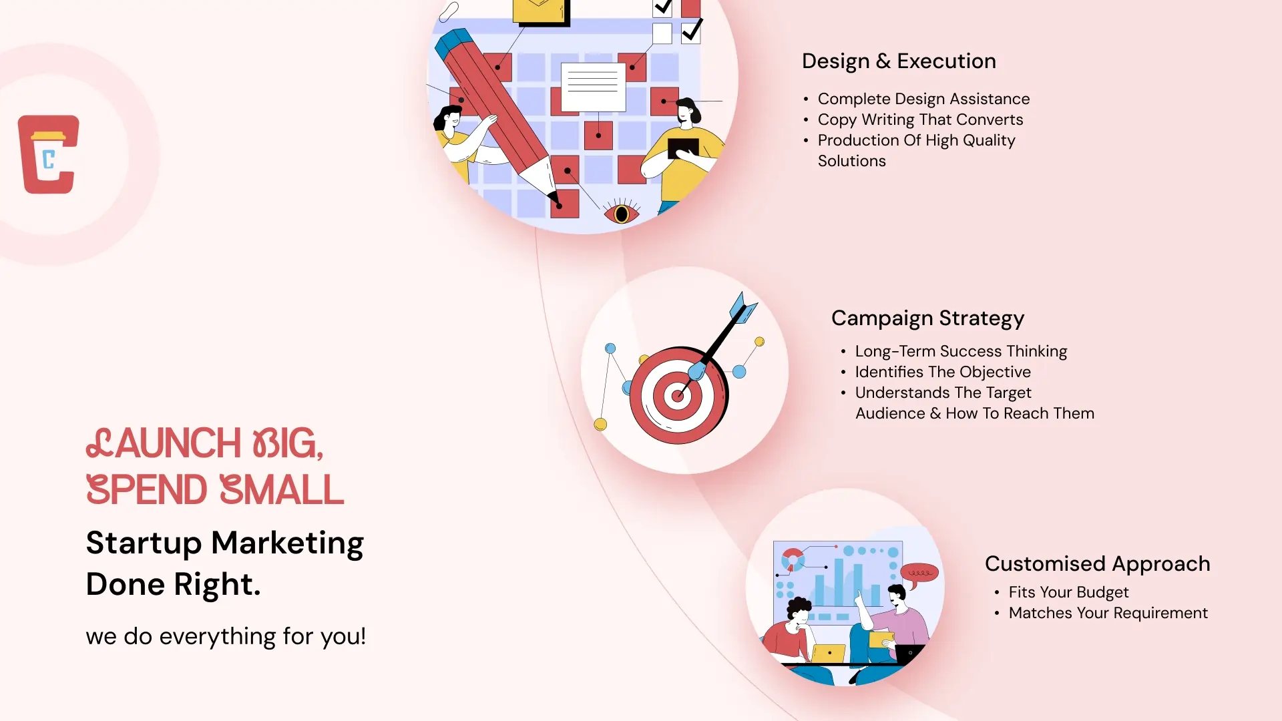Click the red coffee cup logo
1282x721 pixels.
[48, 154]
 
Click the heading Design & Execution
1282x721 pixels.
[899, 61]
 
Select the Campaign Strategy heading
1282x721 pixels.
[927, 318]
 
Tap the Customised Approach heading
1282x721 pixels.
[1097, 564]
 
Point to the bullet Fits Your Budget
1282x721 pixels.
[1068, 593]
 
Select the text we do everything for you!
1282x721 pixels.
[226, 636]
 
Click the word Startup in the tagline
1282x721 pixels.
[144, 543]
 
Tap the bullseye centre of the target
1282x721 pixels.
[677, 395]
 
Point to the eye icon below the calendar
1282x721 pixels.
[622, 213]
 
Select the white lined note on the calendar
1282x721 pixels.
[593, 87]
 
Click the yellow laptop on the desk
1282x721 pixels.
[829, 654]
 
